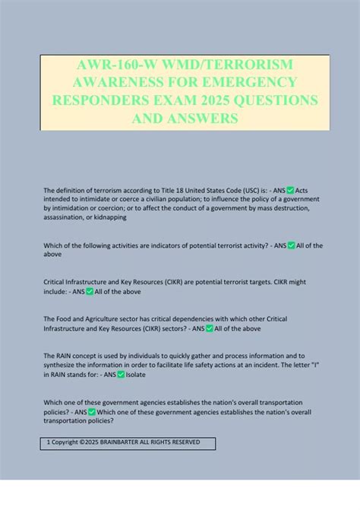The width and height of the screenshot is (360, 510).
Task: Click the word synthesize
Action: point(65,365)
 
